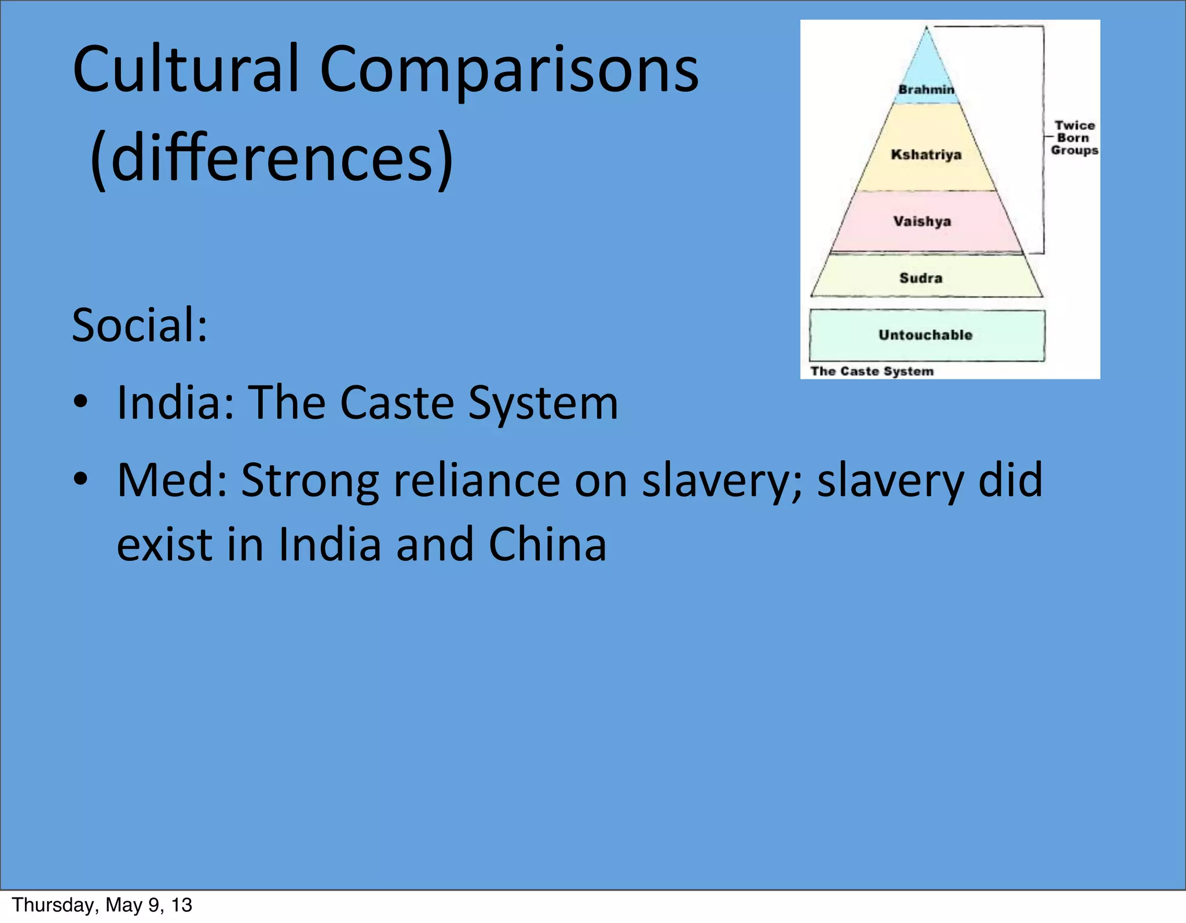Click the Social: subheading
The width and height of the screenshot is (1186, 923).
tap(140, 326)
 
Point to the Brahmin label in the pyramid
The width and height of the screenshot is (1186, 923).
tap(926, 90)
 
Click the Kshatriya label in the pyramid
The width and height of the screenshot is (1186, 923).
tap(926, 155)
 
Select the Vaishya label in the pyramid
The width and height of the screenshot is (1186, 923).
tap(922, 221)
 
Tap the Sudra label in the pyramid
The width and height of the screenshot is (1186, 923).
tap(921, 278)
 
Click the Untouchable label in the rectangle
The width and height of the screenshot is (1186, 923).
tap(925, 335)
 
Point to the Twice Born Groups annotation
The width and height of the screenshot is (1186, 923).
tap(1074, 138)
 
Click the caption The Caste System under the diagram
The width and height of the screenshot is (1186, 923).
tap(872, 371)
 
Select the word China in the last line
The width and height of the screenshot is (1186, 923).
tap(547, 545)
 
